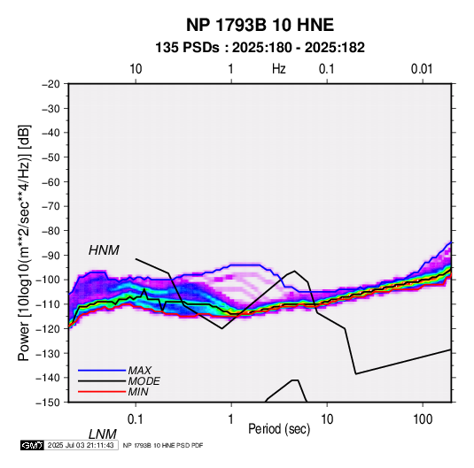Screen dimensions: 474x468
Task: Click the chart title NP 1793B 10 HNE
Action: [260, 25]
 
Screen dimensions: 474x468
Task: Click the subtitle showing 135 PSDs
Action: [260, 48]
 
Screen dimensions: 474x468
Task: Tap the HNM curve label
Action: [104, 250]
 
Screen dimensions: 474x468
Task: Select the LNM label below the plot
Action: [102, 434]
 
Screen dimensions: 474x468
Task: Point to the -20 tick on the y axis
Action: [51, 84]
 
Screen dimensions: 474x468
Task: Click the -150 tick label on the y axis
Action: [48, 403]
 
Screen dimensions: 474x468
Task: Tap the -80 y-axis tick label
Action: [51, 231]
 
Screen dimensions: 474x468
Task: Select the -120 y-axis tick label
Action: [48, 328]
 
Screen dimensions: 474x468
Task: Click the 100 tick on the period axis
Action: [423, 418]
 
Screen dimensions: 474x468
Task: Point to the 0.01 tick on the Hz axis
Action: [422, 69]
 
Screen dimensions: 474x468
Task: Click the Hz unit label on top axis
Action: [279, 69]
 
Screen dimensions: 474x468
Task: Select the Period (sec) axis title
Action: [279, 429]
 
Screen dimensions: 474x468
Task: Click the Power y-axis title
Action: [24, 242]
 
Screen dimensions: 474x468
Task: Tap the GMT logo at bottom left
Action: [33, 445]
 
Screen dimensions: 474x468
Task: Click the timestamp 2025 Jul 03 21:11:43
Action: [81, 445]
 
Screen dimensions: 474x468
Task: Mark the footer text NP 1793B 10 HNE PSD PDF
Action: [163, 445]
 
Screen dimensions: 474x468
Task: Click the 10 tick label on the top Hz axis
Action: [136, 69]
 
